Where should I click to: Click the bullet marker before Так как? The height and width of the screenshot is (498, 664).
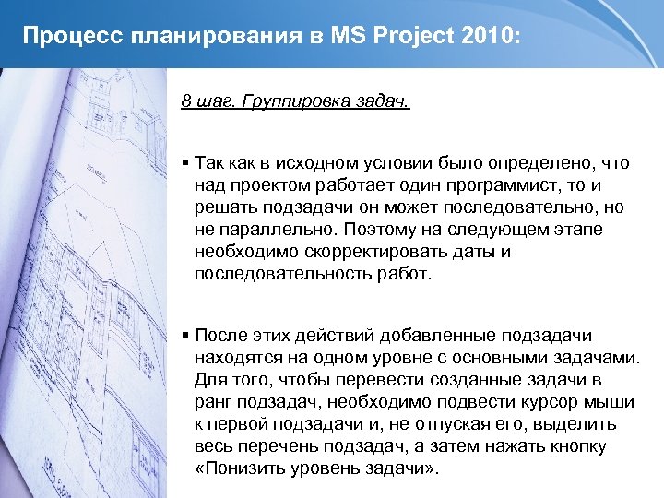click(185, 163)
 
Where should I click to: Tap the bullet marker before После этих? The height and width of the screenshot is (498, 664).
click(185, 335)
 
